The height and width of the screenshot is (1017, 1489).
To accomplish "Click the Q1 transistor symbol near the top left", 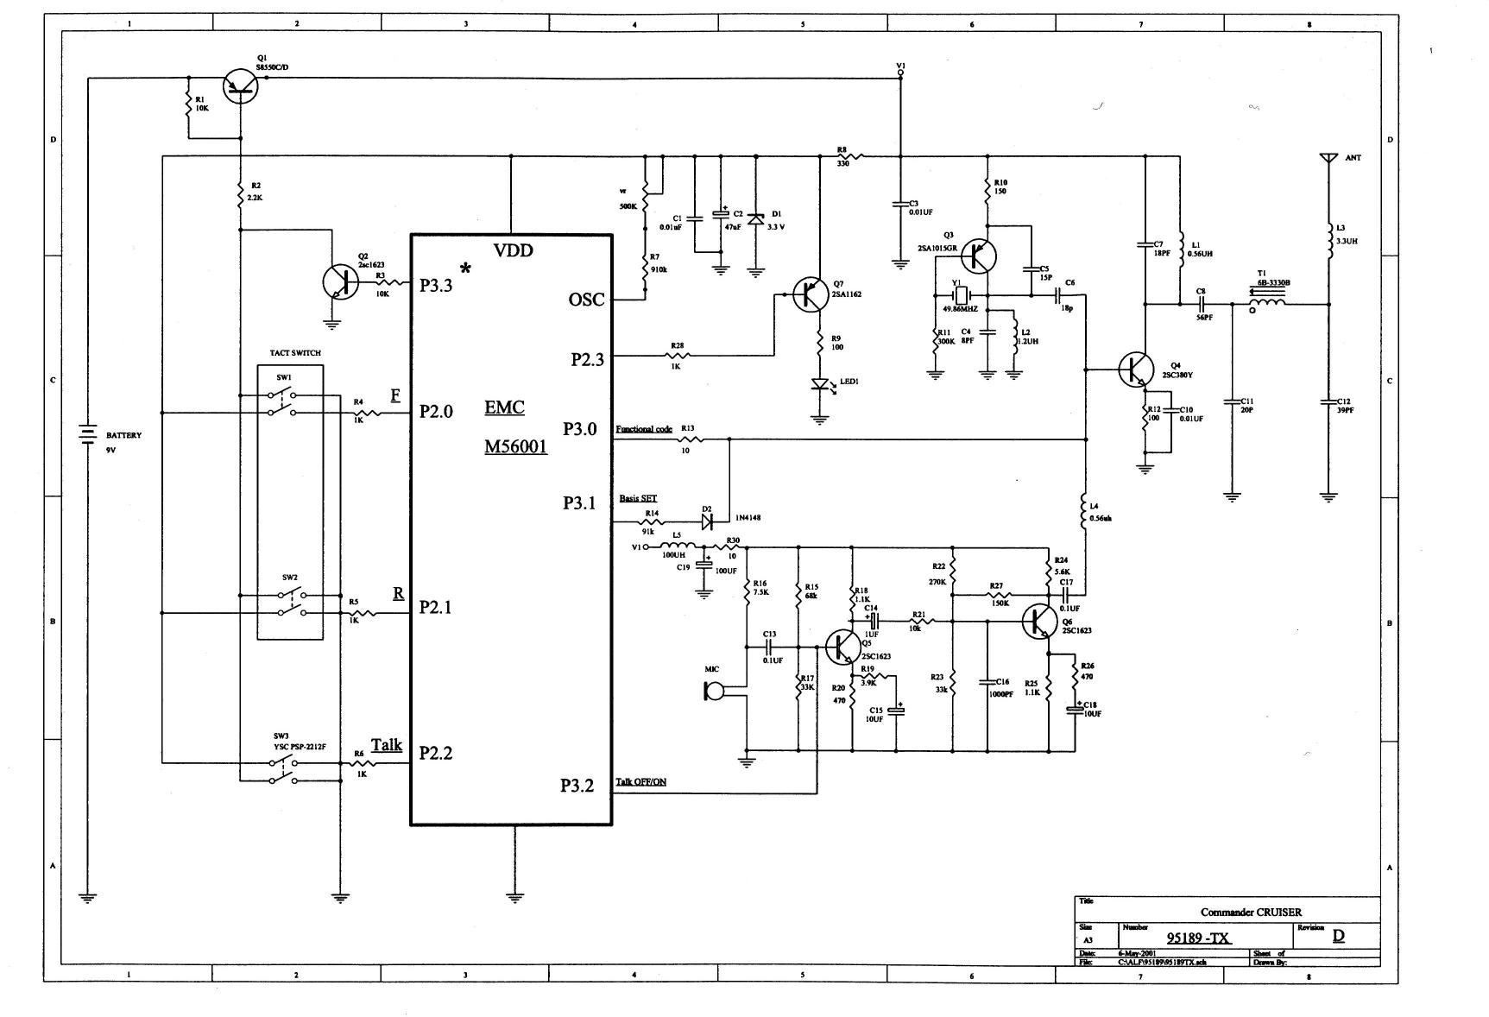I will coord(240,85).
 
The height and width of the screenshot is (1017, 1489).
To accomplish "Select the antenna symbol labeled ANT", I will coord(1328,160).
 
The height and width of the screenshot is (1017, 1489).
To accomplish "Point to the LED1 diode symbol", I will coord(819,385).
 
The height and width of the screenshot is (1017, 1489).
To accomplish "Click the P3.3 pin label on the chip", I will coord(436,286).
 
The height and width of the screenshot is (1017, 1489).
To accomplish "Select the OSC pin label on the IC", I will coord(586,300).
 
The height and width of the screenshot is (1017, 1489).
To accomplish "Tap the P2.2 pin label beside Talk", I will coord(436,753).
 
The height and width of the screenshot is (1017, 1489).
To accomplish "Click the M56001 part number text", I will coord(515,447).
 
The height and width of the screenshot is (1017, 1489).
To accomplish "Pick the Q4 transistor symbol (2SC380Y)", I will coord(1135,370).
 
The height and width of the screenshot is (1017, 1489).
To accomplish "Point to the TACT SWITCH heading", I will coord(295,353).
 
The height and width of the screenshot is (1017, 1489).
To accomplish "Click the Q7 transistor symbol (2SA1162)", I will coord(811,294).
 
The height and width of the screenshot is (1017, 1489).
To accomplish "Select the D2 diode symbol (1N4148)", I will coord(706,521).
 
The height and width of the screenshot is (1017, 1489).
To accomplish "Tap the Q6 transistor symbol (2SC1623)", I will coord(1038,622).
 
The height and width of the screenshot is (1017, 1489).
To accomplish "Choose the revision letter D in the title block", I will coord(1338,936).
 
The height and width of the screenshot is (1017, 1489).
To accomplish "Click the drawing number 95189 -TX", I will coord(1198,938).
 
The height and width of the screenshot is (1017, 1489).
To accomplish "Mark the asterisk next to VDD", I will coord(465,268).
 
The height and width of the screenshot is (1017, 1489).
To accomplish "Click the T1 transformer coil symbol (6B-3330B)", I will coord(1267,302).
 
